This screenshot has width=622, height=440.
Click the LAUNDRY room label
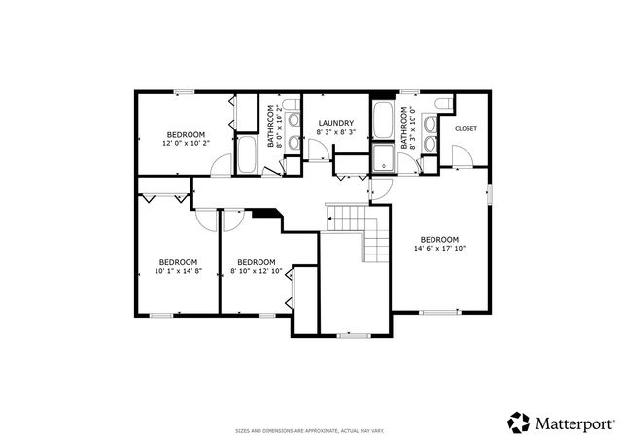(x=336, y=123)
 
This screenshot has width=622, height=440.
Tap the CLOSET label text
(x=466, y=128)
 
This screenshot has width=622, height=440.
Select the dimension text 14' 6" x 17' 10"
(x=439, y=248)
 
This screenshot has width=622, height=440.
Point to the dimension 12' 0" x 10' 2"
(x=186, y=143)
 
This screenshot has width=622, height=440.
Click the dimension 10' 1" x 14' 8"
(x=178, y=271)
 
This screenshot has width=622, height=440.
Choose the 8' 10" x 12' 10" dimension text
(x=256, y=271)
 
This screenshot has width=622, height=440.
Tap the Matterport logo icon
(x=518, y=422)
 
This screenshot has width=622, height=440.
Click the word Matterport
(x=574, y=423)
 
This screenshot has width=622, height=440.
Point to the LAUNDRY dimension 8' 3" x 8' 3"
(x=336, y=132)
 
